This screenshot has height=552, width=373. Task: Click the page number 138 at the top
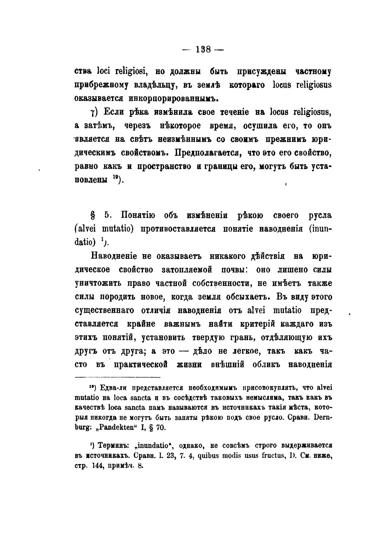tap(203, 50)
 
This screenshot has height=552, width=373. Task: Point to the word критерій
tap(255, 324)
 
